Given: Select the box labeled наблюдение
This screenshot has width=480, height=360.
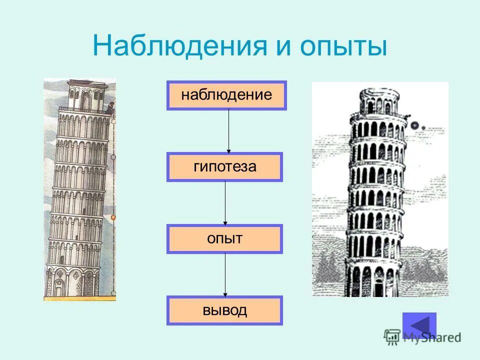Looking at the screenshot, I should coord(226,95).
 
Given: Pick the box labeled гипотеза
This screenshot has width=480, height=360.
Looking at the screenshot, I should coord(225,167).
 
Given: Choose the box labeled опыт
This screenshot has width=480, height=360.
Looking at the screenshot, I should coord(225,238).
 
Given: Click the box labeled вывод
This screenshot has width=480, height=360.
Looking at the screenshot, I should coord(225,310).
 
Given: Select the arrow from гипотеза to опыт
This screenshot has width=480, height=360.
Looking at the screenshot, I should coord(225,202).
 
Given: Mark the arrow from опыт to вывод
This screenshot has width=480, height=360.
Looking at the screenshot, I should coord(225,274).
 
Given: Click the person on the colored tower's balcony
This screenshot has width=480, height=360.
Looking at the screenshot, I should coord(110,107).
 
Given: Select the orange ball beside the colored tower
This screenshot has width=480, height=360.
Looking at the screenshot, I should coord(113,217).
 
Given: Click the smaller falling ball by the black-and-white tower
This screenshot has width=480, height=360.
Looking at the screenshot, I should coord(423,127).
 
